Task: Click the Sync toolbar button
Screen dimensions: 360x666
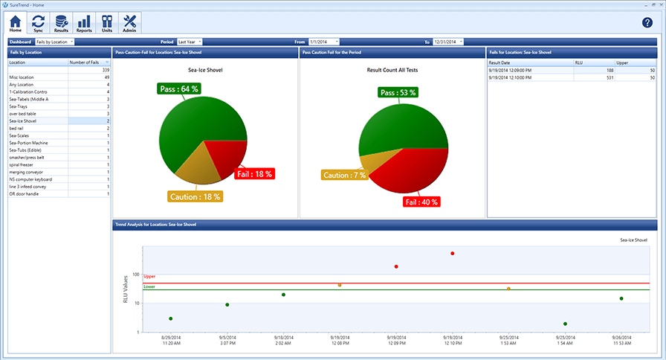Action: [x=38, y=24]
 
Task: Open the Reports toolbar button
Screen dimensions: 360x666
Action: [x=84, y=24]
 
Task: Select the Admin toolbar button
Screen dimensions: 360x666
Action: [x=129, y=24]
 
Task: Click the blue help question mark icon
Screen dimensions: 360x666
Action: [x=647, y=23]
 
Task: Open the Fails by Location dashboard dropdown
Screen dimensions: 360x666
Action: [x=55, y=42]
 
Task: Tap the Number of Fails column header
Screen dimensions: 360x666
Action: [x=88, y=62]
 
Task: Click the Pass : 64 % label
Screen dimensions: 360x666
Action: [x=180, y=89]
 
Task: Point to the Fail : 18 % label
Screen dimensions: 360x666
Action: [x=254, y=174]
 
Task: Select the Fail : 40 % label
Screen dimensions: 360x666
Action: [x=421, y=202]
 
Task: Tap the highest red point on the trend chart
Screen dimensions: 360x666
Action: [x=452, y=254]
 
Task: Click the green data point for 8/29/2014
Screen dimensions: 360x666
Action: [x=171, y=318]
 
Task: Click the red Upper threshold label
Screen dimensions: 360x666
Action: [x=149, y=277]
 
